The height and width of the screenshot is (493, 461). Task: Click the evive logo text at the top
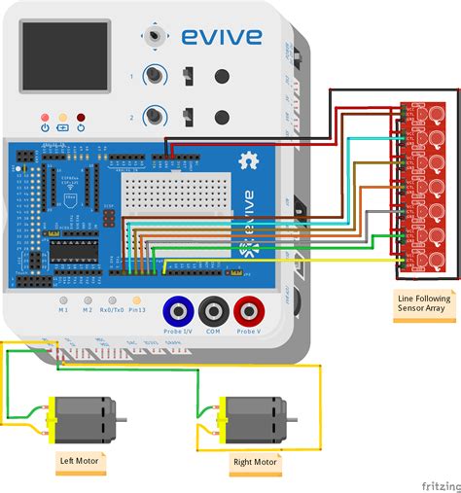220,37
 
